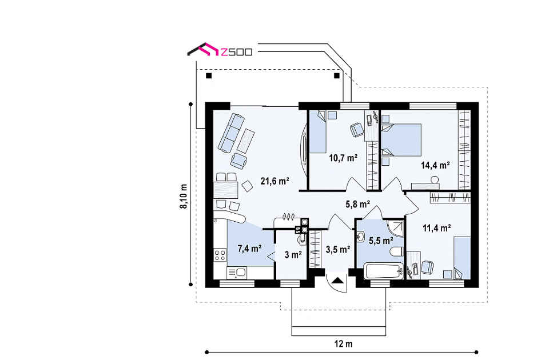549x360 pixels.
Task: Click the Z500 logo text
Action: pos(236,53)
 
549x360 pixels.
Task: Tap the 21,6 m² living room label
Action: pos(274,181)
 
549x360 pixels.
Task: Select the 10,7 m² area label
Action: pos(343,158)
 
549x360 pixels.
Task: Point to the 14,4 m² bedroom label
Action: pos(435,165)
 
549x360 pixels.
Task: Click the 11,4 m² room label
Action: pos(436,229)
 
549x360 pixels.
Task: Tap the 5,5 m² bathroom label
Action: pos(381,241)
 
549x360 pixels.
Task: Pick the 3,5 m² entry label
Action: pos(338,250)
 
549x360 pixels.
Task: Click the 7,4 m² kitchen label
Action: pos(250,249)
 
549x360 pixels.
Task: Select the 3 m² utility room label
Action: pos(293,255)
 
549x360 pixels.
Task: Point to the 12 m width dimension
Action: pos(343,344)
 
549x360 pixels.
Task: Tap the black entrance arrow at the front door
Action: pos(338,280)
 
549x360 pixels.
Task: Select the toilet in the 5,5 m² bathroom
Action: pos(397,251)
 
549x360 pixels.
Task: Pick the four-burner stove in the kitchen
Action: pos(220,255)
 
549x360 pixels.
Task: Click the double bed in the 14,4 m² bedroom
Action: pos(401,140)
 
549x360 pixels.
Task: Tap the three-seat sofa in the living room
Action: pos(231,132)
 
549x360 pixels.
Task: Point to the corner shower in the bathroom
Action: pos(395,228)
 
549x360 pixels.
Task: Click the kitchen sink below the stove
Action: pos(237,273)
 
